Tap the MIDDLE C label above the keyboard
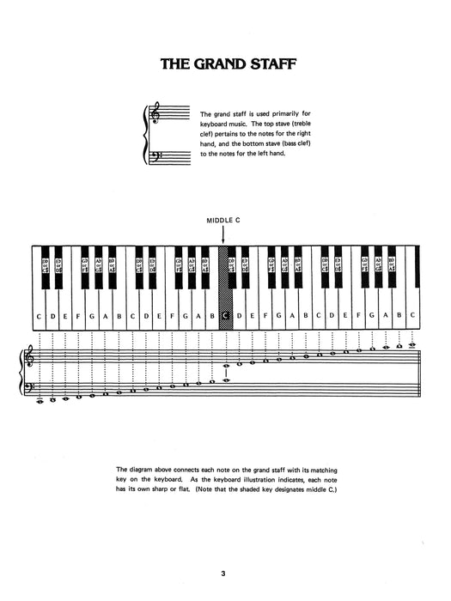point(222,220)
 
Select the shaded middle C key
point(225,316)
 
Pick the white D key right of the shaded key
point(239,316)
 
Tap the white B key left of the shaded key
point(211,316)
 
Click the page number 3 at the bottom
point(222,564)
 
